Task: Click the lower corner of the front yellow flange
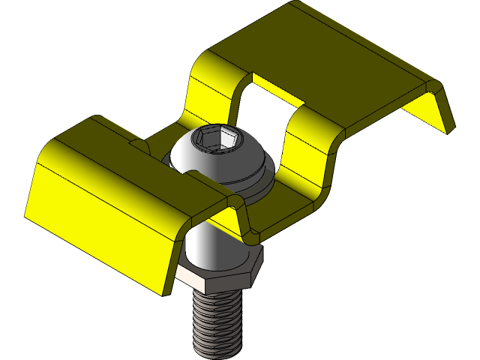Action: [x=159, y=292]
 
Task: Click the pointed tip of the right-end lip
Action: [x=451, y=131]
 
